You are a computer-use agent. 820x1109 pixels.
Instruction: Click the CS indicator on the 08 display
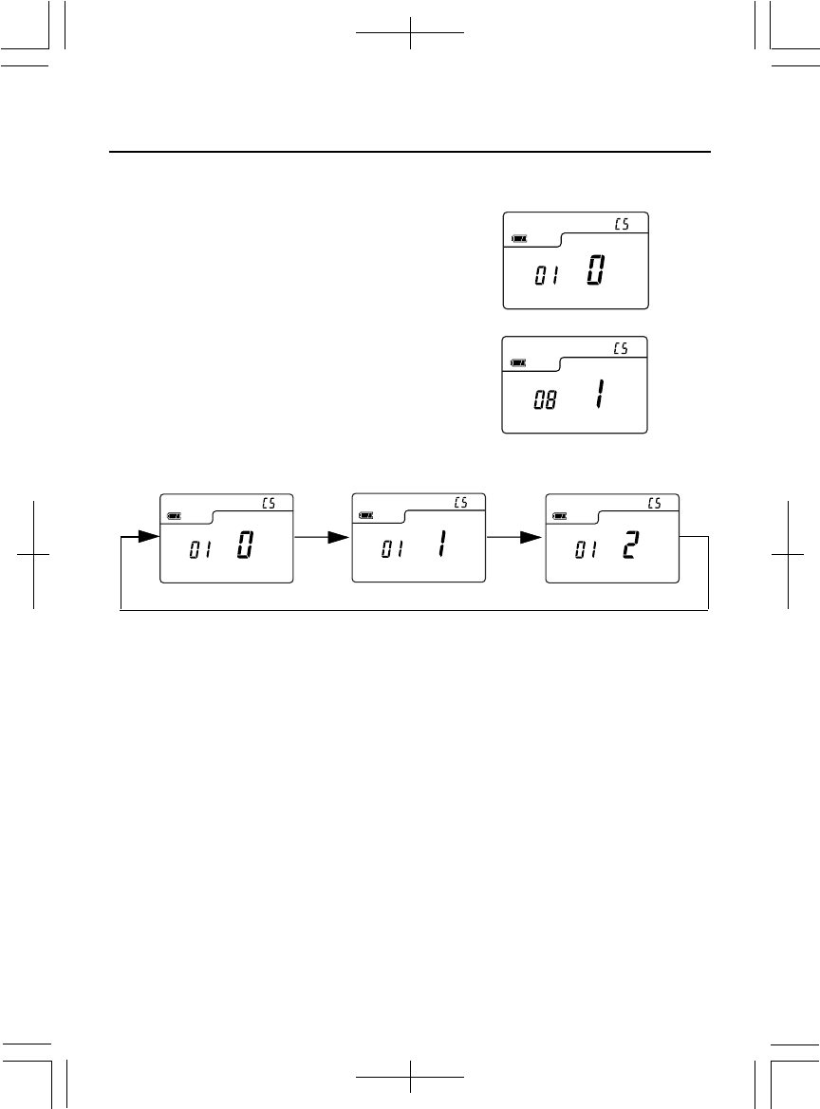(x=621, y=348)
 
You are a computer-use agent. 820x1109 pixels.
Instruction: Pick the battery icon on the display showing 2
(x=562, y=515)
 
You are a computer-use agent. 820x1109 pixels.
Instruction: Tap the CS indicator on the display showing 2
(x=654, y=503)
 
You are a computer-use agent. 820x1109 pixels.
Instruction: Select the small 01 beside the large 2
(x=586, y=551)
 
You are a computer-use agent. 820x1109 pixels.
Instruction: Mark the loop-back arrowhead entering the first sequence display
(x=141, y=537)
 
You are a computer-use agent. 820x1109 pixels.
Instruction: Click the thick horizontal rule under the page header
(x=410, y=152)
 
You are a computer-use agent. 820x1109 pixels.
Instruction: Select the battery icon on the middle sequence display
(x=367, y=515)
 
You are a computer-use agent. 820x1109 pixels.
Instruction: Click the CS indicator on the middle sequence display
(x=460, y=503)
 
